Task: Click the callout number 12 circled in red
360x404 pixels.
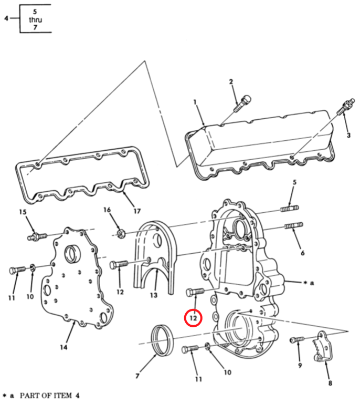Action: pos(193,318)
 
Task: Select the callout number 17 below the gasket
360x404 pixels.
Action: pos(137,211)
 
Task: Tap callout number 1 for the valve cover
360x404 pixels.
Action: pos(195,102)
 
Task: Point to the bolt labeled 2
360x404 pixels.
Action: pos(242,103)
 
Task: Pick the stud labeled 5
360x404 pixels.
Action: pos(290,209)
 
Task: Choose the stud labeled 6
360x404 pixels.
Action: pos(293,226)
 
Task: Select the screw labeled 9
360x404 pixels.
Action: pos(297,340)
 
